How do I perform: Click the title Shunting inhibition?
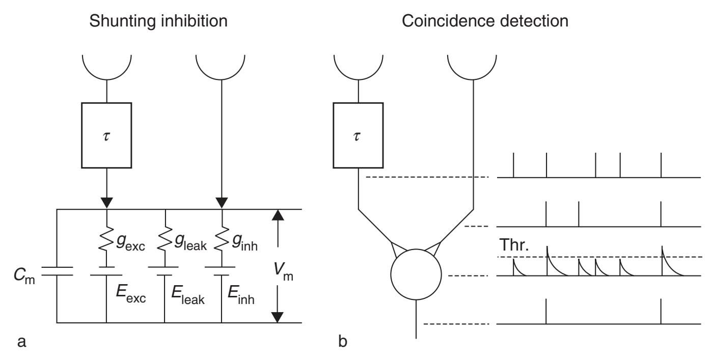[158, 22]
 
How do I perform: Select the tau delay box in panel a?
[106, 135]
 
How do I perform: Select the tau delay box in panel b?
[359, 135]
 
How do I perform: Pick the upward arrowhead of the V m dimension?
[277, 215]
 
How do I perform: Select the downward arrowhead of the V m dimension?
[277, 316]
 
